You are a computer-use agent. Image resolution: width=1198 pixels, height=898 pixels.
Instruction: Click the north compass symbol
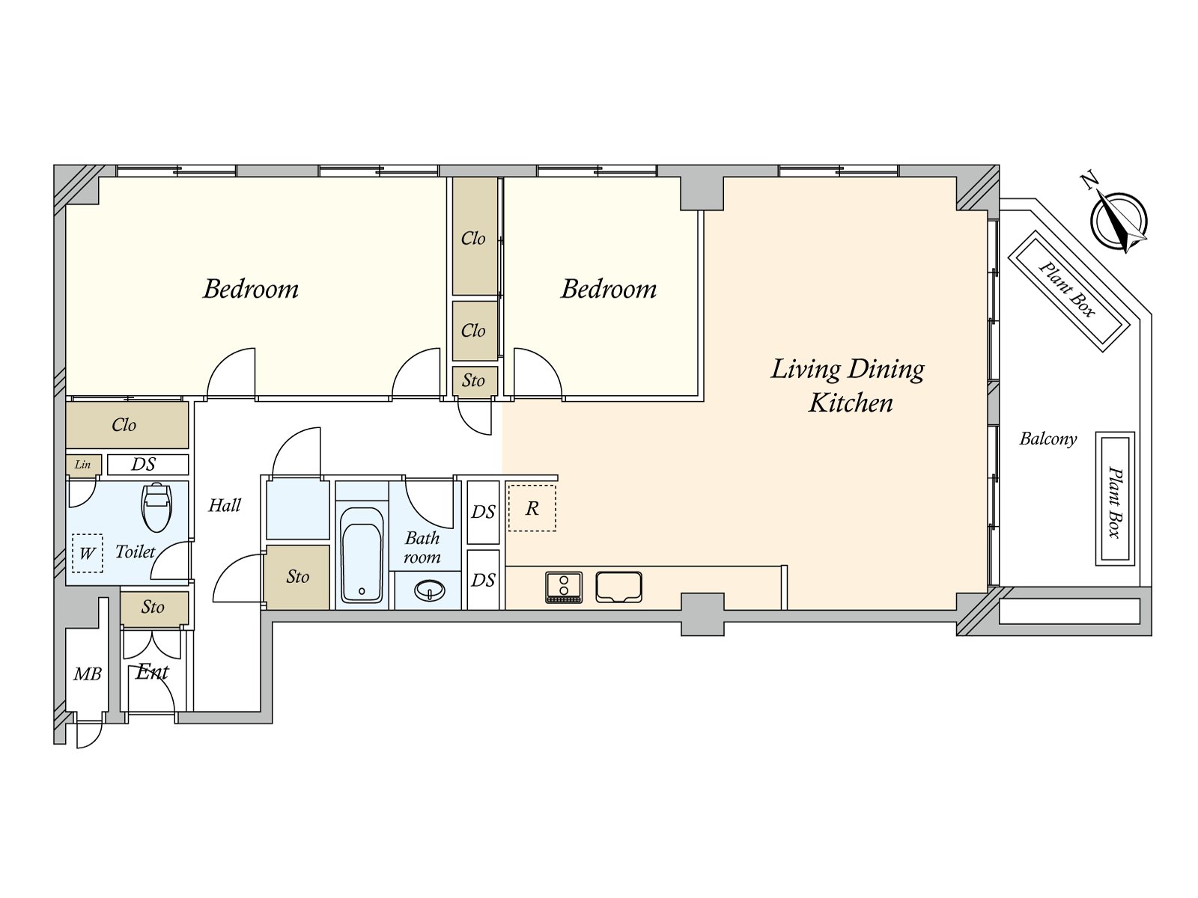(x=1118, y=220)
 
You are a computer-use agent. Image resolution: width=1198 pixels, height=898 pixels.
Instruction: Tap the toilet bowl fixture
(x=156, y=507)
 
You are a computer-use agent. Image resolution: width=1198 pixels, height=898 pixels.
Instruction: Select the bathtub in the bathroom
(x=361, y=555)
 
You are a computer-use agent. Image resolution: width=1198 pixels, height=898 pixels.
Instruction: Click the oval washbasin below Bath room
(x=430, y=590)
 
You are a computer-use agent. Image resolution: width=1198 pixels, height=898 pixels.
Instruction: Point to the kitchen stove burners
(x=564, y=587)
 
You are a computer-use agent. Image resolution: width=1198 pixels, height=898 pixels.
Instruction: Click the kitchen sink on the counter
(x=618, y=587)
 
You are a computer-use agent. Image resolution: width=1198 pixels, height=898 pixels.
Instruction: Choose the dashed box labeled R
(x=532, y=508)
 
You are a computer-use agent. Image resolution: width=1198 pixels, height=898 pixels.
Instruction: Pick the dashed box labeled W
(x=88, y=553)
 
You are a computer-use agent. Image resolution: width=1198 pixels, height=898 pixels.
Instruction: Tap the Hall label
(x=225, y=505)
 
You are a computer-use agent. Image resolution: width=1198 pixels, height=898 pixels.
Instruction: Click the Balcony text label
(x=1048, y=439)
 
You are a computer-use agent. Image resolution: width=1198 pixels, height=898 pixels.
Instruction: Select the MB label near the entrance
(x=88, y=674)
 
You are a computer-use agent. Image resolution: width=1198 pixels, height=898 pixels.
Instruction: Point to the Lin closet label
(x=82, y=465)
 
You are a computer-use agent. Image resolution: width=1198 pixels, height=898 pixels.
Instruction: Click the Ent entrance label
(x=152, y=672)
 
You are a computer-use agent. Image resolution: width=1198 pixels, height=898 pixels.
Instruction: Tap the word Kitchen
(x=851, y=403)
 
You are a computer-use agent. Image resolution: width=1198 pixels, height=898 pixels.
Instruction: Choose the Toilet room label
(x=135, y=552)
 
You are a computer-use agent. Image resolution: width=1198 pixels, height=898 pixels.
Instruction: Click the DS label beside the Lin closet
(x=144, y=464)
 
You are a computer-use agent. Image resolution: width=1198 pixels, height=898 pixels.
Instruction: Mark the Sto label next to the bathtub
(x=297, y=576)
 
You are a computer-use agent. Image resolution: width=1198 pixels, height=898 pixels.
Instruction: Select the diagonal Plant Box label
(x=1067, y=290)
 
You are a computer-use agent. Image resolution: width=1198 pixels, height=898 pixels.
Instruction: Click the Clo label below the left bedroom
(x=124, y=425)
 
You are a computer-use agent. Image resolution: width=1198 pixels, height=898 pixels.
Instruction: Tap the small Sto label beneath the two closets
(x=473, y=380)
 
